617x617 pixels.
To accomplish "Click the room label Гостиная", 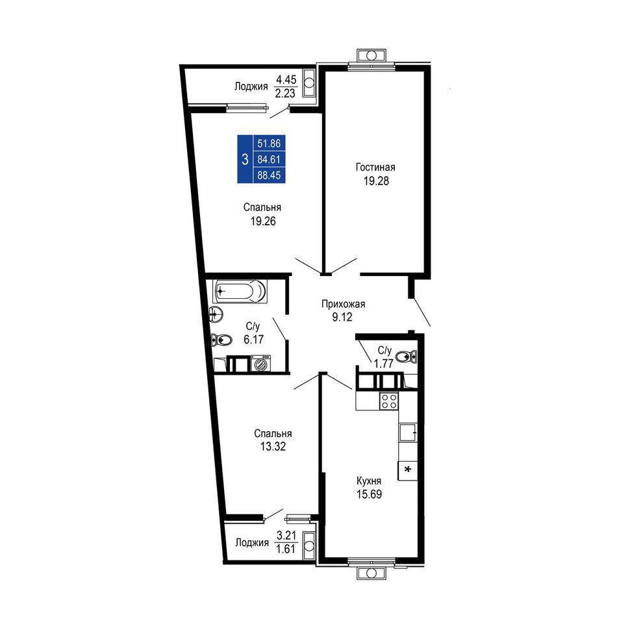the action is [375, 167].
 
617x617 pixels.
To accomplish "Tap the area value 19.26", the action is [263, 221].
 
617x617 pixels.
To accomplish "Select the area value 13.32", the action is [273, 447].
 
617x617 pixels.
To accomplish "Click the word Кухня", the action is [369, 481].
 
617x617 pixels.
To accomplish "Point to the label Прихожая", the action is [343, 304].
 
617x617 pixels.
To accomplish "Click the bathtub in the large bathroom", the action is [239, 292].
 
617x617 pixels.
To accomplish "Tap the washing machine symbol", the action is [261, 363].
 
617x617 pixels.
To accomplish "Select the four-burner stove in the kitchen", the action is [389, 401].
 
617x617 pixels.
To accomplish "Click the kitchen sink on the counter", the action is [408, 433].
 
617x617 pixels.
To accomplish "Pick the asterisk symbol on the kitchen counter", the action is [408, 470].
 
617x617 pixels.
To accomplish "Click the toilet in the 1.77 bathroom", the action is [406, 357].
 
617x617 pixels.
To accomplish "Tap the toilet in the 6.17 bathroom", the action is [221, 339].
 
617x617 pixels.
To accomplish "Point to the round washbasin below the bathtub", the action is [216, 314].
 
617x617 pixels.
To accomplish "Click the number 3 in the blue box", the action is [245, 159].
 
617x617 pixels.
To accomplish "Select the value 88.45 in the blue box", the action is [269, 175].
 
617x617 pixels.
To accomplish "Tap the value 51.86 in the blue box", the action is [269, 144].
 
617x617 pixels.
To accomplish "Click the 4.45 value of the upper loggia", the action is [286, 80].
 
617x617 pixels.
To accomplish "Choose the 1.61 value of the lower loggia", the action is [286, 549].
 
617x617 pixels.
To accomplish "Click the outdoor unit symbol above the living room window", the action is [371, 55].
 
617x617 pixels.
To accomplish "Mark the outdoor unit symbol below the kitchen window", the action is [371, 573].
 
